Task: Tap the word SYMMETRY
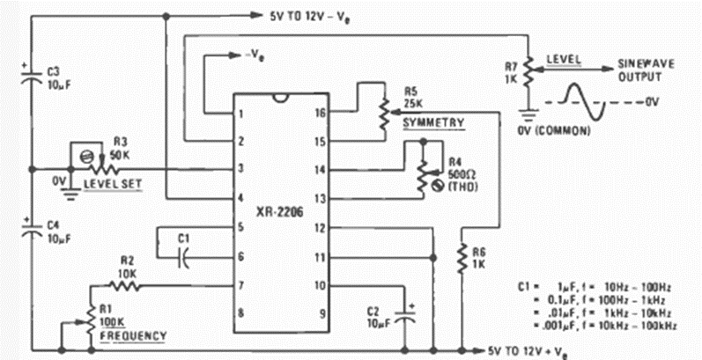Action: click(433, 123)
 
